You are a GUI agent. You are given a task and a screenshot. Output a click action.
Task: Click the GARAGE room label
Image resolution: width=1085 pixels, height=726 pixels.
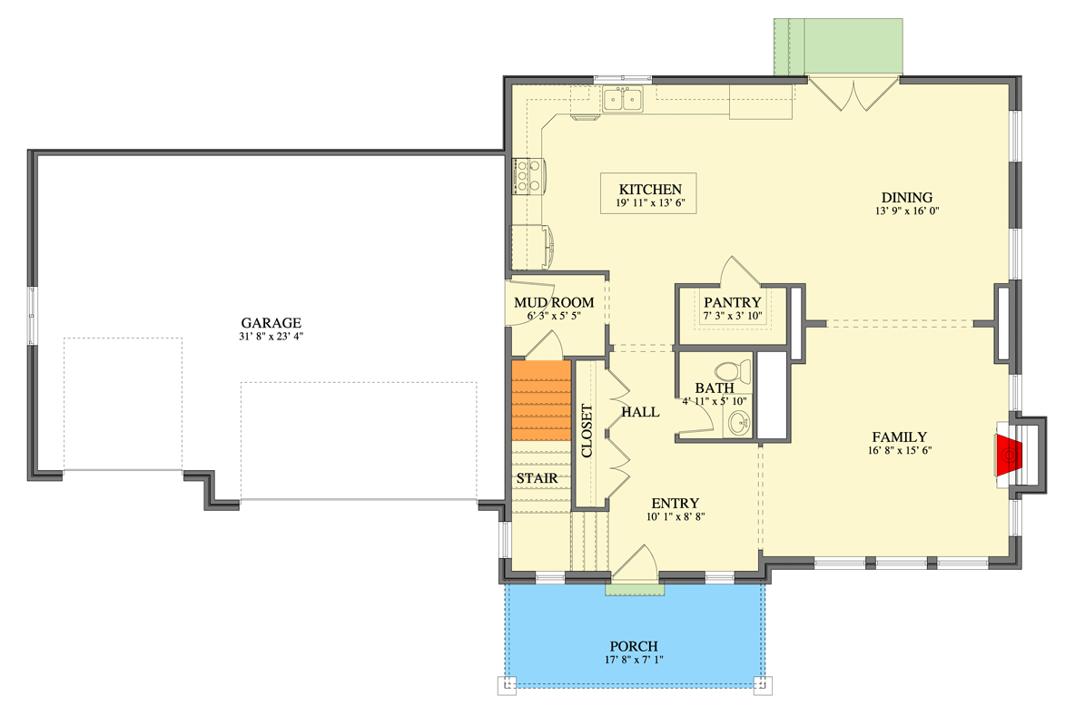(x=271, y=323)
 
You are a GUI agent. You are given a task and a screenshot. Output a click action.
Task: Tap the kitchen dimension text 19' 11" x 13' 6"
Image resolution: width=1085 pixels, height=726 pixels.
(x=650, y=203)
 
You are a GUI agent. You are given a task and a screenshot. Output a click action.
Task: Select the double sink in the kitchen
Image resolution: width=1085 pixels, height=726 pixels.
(x=623, y=100)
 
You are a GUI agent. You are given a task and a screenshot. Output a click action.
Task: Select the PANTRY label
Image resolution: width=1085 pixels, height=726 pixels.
(x=732, y=302)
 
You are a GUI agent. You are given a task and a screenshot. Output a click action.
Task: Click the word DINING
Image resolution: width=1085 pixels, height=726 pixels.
(x=906, y=197)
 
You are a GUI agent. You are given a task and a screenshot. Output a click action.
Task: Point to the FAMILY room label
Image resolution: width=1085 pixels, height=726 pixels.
(x=899, y=437)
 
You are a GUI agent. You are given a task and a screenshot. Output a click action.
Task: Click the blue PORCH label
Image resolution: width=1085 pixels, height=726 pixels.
(x=634, y=646)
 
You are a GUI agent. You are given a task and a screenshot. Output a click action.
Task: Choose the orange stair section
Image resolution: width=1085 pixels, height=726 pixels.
(x=541, y=400)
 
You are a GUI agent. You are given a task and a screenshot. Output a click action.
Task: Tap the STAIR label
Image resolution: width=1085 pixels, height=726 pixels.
(x=537, y=477)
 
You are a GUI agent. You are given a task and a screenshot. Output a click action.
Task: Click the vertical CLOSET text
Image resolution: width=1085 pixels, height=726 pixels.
(x=587, y=431)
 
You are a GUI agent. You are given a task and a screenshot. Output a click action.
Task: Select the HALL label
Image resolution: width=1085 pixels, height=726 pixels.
(x=640, y=412)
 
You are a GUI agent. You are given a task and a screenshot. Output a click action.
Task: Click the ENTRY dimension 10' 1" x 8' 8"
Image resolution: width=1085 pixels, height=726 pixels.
(x=676, y=516)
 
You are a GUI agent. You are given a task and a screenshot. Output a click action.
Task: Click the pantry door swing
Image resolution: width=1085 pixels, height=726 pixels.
(x=740, y=271)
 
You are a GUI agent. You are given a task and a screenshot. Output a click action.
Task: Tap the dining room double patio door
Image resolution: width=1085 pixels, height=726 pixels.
(x=853, y=94)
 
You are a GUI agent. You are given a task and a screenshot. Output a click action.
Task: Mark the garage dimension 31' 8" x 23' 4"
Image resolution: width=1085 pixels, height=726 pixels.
(x=271, y=337)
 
